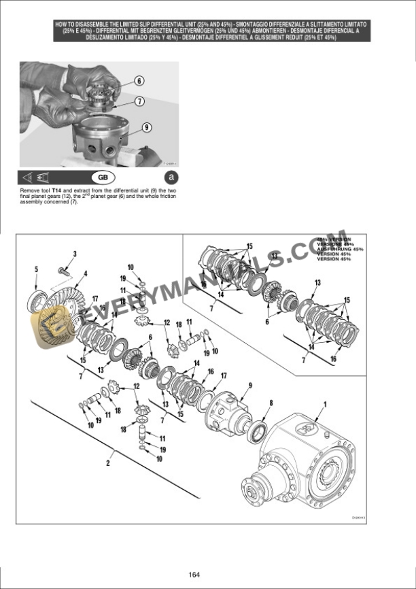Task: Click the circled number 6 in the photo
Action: pos(139,80)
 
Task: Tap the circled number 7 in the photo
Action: pos(139,101)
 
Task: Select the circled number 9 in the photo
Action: pos(147,127)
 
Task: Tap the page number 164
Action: pos(194,575)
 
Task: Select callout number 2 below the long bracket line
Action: pos(107,464)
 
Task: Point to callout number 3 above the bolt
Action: pos(75,254)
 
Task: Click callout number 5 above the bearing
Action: pos(36,269)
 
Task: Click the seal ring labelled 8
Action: pos(258,431)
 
